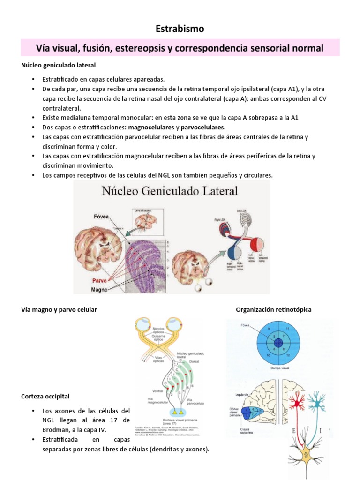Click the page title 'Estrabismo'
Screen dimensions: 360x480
180,29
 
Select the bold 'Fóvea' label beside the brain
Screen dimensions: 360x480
100,216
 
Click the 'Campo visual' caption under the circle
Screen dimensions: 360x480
280,368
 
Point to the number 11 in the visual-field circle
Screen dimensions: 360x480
293,329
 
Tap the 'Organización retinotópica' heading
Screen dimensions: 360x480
273,310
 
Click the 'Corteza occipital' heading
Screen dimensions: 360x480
45,396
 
